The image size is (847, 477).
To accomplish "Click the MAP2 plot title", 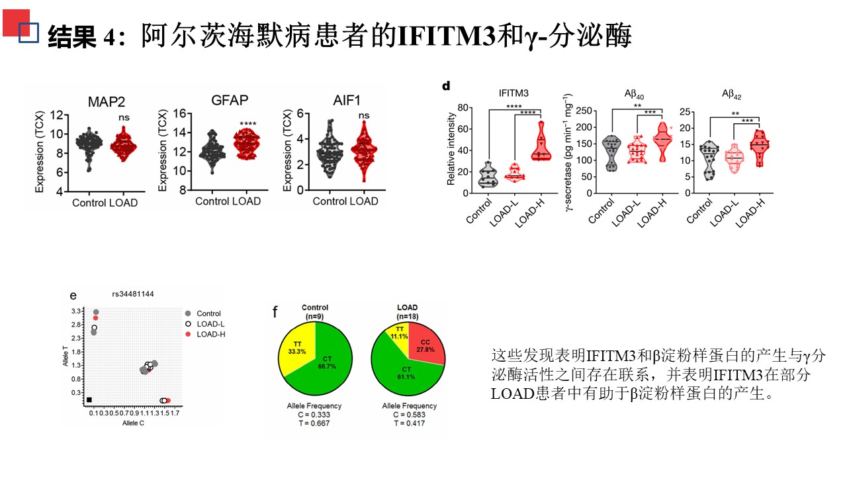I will [x=107, y=101].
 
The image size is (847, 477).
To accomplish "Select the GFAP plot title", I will [x=230, y=100].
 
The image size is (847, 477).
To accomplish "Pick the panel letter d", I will [x=446, y=85].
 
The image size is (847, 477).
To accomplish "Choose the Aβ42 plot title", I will [x=731, y=95].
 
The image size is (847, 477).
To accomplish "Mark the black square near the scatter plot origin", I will [x=89, y=399].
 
